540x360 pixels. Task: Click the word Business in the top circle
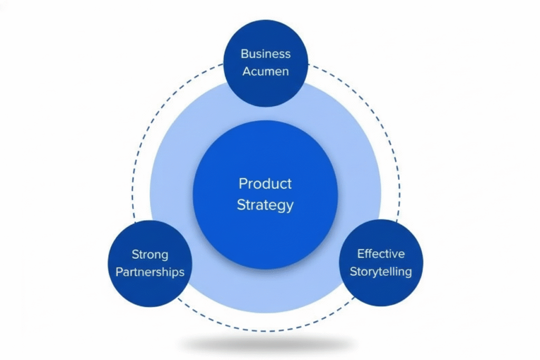click(x=265, y=54)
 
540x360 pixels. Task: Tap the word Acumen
click(x=265, y=71)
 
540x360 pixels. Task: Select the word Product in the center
click(x=265, y=184)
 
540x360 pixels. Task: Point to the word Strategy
click(x=265, y=205)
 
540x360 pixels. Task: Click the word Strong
click(x=150, y=255)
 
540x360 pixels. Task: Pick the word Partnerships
click(x=150, y=272)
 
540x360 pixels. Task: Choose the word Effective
click(x=381, y=254)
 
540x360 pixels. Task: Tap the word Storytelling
click(x=381, y=272)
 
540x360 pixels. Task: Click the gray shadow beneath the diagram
click(x=265, y=345)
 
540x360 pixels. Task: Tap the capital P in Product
click(x=243, y=184)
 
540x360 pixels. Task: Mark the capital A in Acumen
click(x=246, y=71)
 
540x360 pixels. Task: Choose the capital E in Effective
click(x=361, y=254)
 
